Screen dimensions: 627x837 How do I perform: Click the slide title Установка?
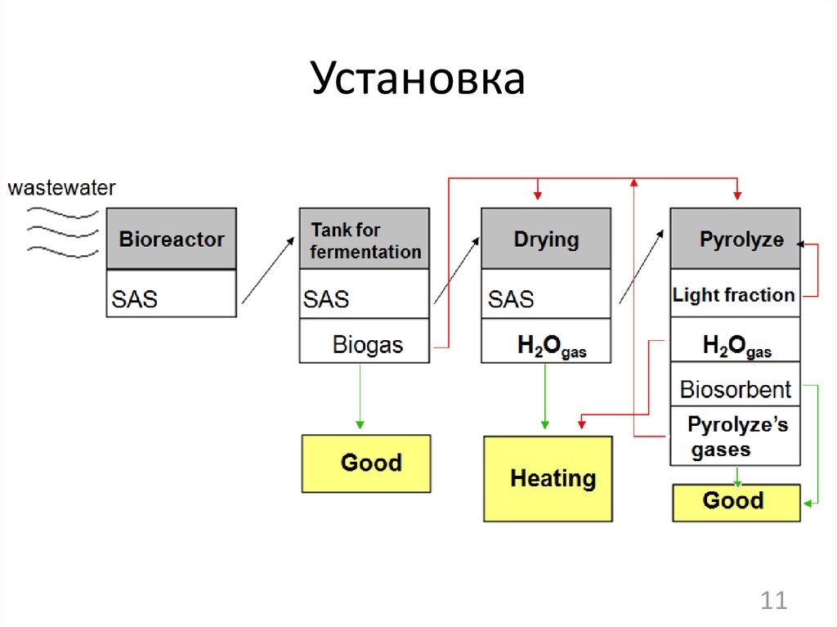tap(418, 80)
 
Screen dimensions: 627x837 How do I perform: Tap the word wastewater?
tap(61, 188)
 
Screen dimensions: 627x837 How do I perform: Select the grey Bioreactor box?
tap(172, 239)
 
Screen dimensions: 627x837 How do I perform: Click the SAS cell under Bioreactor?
tap(172, 293)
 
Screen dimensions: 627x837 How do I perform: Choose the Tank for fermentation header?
tap(365, 239)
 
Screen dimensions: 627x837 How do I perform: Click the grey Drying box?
tap(545, 239)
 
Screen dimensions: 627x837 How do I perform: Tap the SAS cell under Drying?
tap(545, 293)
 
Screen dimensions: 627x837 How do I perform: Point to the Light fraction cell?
tap(734, 294)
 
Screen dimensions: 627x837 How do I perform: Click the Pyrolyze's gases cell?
tap(735, 437)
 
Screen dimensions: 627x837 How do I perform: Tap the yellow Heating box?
tap(548, 478)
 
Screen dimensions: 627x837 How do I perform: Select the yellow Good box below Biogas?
tap(366, 464)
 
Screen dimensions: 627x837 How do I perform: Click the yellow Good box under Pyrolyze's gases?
tap(736, 502)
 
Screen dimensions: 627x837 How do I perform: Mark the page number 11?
tap(773, 601)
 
